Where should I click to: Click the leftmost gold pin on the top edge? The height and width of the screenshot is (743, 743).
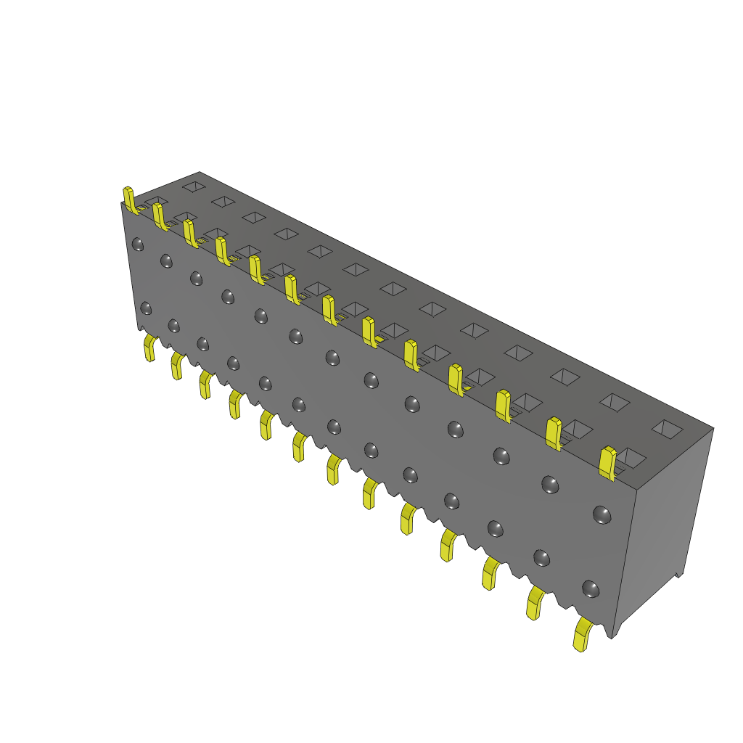129,200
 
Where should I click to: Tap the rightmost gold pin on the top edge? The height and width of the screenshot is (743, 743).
608,463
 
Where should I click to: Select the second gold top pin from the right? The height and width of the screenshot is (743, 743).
554,432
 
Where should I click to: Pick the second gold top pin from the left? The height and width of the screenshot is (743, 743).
160,216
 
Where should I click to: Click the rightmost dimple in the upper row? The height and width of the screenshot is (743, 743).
602,514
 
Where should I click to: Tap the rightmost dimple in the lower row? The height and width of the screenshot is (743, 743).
591,588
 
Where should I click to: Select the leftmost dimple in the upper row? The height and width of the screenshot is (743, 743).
137,245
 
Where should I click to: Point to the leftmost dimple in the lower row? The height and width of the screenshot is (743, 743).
146,308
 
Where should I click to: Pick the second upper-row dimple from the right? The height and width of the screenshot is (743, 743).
550,485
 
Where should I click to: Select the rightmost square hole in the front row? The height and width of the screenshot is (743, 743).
631,457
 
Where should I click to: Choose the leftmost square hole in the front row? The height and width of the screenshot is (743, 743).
155,201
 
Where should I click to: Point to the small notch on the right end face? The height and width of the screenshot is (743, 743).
679,574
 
